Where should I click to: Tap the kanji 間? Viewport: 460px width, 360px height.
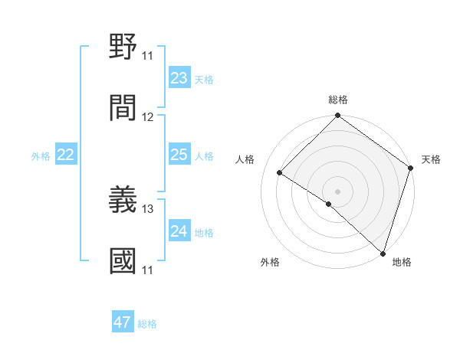click(123, 107)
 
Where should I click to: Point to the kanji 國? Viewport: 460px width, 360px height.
click(123, 260)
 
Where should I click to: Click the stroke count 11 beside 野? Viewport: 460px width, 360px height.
click(147, 56)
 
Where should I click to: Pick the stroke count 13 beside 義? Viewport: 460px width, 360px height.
click(148, 208)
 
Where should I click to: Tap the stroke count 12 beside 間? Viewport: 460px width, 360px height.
click(148, 116)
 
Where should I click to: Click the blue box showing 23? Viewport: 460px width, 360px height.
click(179, 78)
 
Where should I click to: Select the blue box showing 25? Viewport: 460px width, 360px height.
click(179, 155)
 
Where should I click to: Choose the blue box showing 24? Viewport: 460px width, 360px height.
click(179, 231)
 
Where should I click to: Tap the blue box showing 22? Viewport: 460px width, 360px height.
click(66, 155)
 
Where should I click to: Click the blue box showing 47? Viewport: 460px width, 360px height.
click(123, 322)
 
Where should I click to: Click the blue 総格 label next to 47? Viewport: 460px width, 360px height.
click(147, 324)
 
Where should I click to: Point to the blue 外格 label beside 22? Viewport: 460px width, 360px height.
click(41, 156)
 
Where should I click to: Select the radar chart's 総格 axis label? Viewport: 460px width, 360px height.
click(338, 100)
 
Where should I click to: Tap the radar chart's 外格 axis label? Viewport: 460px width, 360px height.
click(270, 262)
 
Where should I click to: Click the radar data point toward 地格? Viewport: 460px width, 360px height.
click(382, 254)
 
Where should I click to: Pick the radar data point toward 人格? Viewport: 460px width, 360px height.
click(280, 172)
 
